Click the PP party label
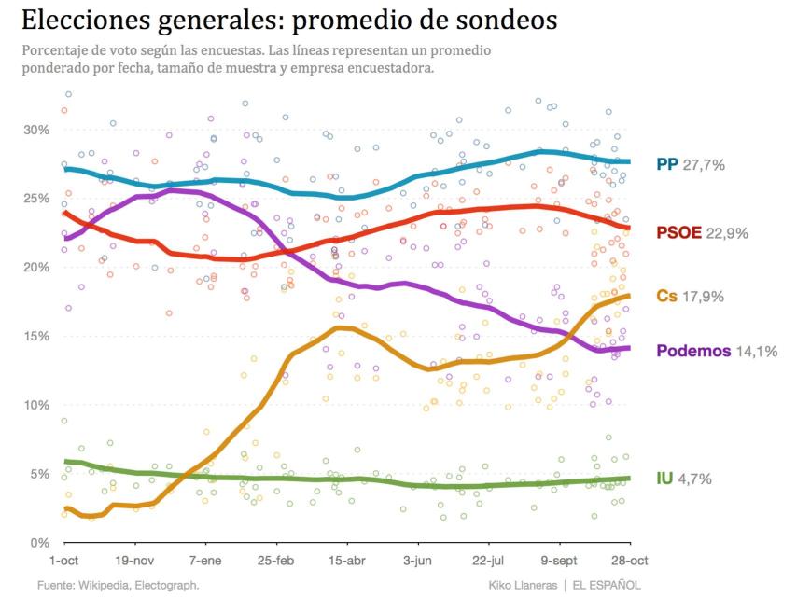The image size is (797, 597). [667, 164]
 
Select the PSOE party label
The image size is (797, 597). [679, 233]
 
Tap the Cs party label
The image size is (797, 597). [666, 296]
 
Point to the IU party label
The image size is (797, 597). [664, 479]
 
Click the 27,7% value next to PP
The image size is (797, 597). [704, 164]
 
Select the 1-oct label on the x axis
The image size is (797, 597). [63, 561]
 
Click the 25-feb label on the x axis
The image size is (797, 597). [275, 561]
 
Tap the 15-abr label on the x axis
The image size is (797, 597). [346, 561]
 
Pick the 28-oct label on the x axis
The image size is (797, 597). [629, 561]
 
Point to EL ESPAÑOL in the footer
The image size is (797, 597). [607, 585]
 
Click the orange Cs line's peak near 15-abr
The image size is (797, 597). [342, 327]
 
